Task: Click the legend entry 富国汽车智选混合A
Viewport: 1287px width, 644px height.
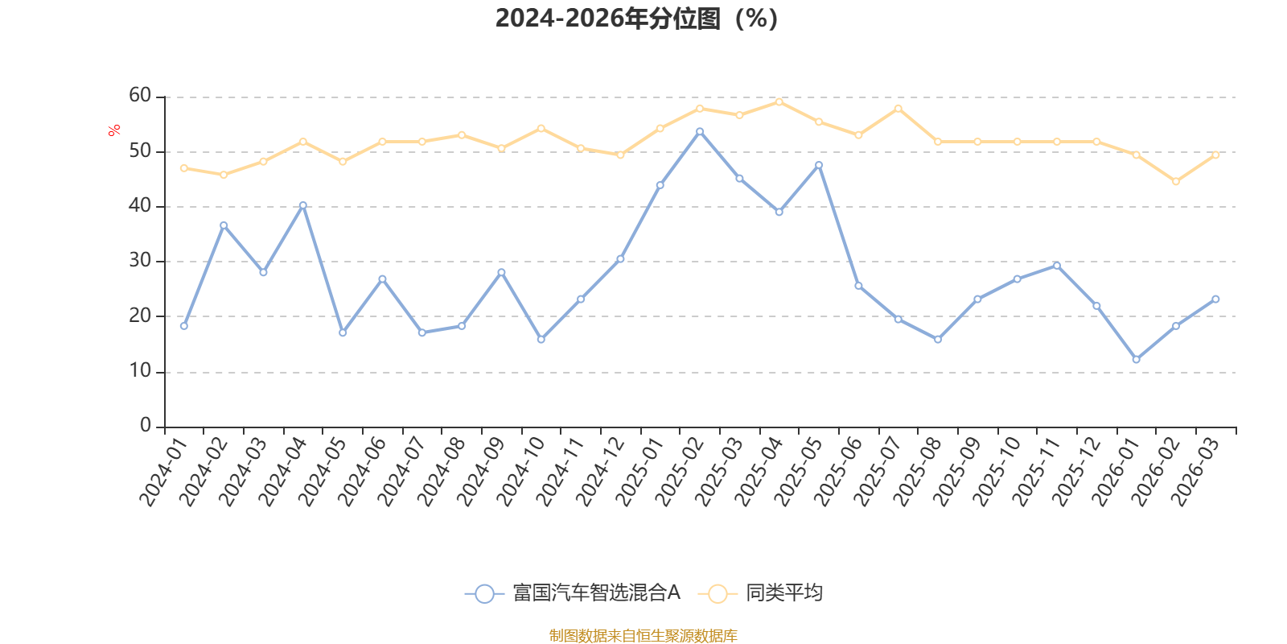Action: click(x=573, y=592)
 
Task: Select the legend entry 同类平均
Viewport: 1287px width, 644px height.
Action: click(x=761, y=592)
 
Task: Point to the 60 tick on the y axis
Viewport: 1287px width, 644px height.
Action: click(x=140, y=95)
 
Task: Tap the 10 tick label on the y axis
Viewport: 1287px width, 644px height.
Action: click(x=140, y=371)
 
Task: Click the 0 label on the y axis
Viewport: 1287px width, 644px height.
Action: click(x=146, y=425)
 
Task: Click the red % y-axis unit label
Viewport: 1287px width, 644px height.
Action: click(x=113, y=130)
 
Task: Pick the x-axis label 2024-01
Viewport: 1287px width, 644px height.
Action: click(x=163, y=472)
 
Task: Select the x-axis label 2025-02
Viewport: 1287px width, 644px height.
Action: click(x=679, y=472)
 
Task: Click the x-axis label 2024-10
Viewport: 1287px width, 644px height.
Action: click(x=520, y=472)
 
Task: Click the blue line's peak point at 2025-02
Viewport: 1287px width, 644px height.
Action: click(x=700, y=132)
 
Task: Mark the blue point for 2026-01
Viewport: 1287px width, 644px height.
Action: click(x=1137, y=359)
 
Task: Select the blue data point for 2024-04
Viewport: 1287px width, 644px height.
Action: click(x=303, y=205)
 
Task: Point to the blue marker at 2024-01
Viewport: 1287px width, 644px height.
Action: click(x=184, y=326)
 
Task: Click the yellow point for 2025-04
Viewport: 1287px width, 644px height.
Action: click(x=779, y=102)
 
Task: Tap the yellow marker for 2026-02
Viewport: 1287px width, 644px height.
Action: click(x=1176, y=182)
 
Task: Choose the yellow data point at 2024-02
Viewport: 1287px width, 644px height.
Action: click(x=224, y=175)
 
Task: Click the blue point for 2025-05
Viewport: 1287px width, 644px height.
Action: click(x=820, y=165)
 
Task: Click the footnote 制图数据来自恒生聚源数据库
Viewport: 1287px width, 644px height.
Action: click(x=643, y=635)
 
